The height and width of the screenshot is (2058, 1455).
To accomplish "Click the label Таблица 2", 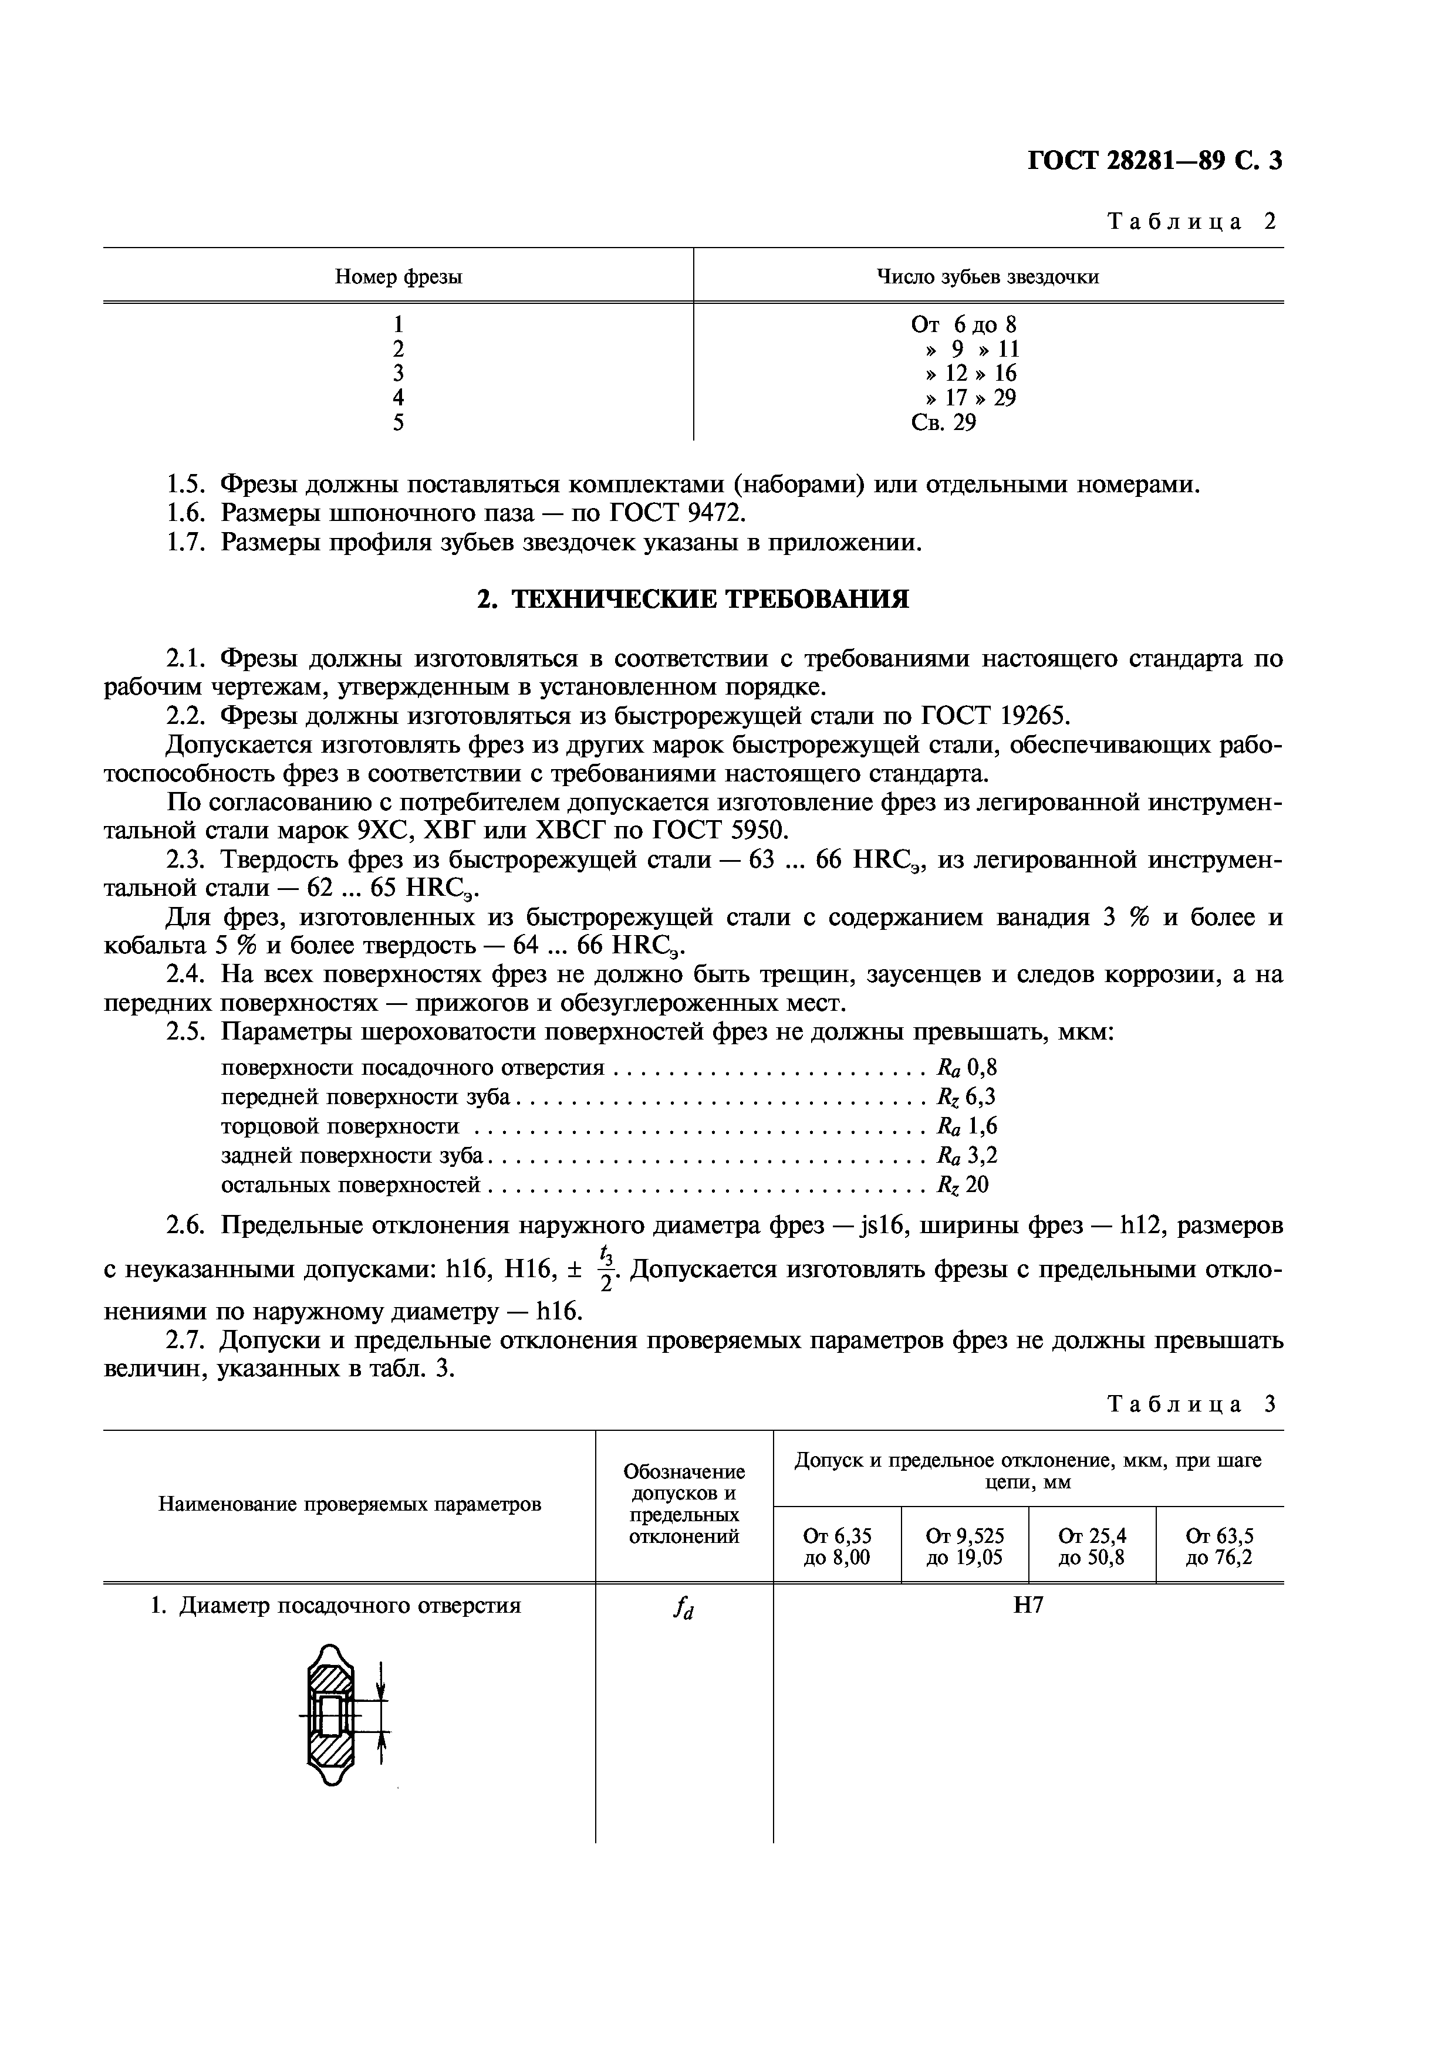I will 1191,221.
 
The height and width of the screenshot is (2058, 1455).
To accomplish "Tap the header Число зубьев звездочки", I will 987,277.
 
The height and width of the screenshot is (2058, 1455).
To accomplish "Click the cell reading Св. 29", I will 943,422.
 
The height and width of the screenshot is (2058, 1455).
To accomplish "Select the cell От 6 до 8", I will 964,324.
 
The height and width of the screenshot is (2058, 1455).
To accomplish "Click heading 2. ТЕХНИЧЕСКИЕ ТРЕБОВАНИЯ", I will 692,600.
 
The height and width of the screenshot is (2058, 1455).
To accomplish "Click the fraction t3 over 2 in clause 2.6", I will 607,1269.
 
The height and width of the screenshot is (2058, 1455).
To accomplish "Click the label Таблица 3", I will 1191,1404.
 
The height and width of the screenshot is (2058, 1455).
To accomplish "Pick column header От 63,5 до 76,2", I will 1219,1547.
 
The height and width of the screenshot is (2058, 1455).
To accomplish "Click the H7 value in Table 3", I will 1028,1605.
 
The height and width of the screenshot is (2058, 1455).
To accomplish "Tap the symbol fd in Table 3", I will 684,1610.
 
